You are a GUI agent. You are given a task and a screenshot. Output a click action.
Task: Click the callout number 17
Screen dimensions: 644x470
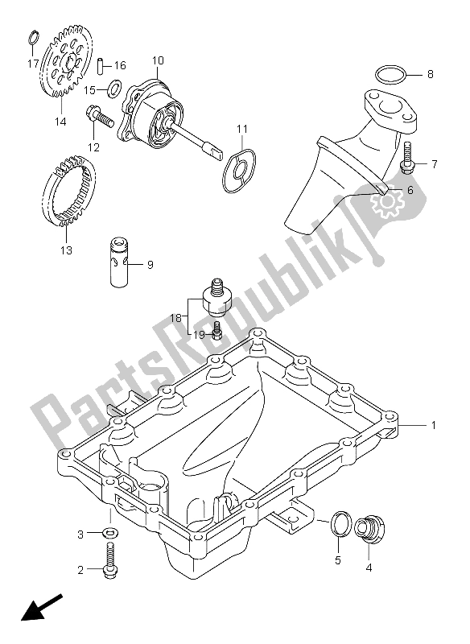pyautogui.click(x=33, y=63)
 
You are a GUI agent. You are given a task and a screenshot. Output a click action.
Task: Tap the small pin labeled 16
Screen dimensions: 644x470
pyautogui.click(x=100, y=64)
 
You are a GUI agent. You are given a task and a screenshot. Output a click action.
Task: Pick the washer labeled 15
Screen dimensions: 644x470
pyautogui.click(x=113, y=87)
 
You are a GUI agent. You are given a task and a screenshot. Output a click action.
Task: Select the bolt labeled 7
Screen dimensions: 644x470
pyautogui.click(x=407, y=156)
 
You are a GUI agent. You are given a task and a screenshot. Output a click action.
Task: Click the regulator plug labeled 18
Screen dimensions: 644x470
pyautogui.click(x=215, y=295)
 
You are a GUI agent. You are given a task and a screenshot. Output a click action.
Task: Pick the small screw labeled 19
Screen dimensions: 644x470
pyautogui.click(x=216, y=329)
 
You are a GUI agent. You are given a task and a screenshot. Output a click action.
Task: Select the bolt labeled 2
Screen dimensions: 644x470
pyautogui.click(x=111, y=559)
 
